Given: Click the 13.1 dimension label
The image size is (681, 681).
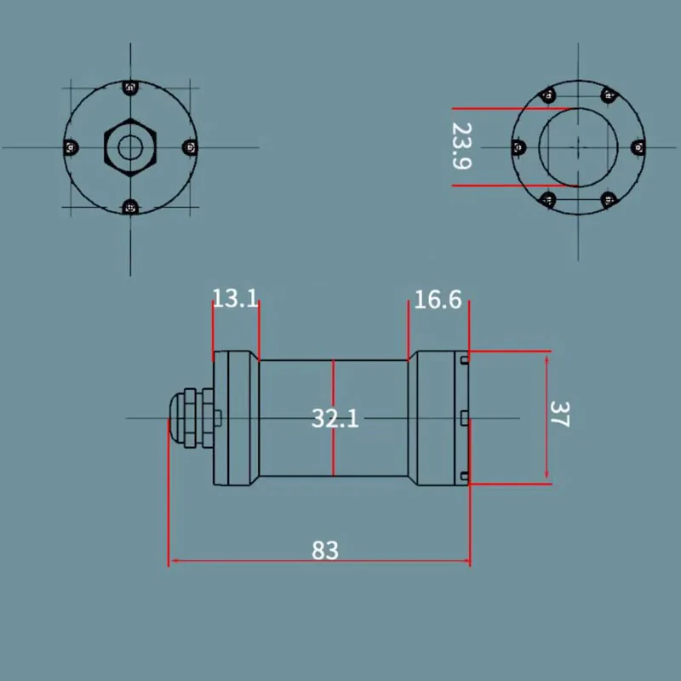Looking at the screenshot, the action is [x=236, y=299].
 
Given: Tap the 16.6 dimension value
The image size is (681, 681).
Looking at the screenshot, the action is [x=438, y=300].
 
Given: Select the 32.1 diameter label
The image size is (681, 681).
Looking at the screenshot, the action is [x=335, y=419].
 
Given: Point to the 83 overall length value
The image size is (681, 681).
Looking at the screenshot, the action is [x=325, y=550].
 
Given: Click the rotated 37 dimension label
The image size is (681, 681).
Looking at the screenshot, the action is [x=559, y=415].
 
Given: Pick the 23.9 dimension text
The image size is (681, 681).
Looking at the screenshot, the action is [x=461, y=146].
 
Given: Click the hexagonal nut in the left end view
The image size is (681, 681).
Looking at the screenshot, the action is [x=130, y=147].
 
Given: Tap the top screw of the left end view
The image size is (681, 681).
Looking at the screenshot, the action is [x=130, y=89].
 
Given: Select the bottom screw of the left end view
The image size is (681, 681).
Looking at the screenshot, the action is [x=130, y=207].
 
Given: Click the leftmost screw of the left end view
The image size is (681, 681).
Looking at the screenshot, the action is [x=71, y=147].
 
